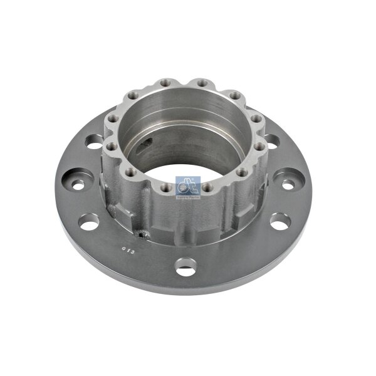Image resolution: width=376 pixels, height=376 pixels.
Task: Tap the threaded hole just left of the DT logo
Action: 165,186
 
